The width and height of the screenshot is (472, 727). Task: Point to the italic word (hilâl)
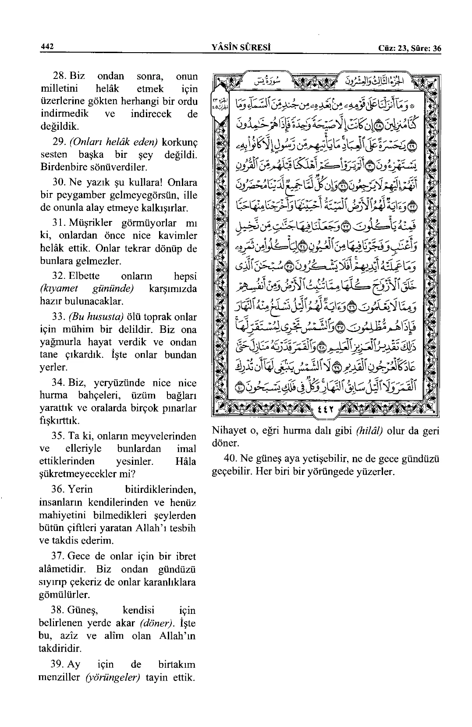coord(369,431)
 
